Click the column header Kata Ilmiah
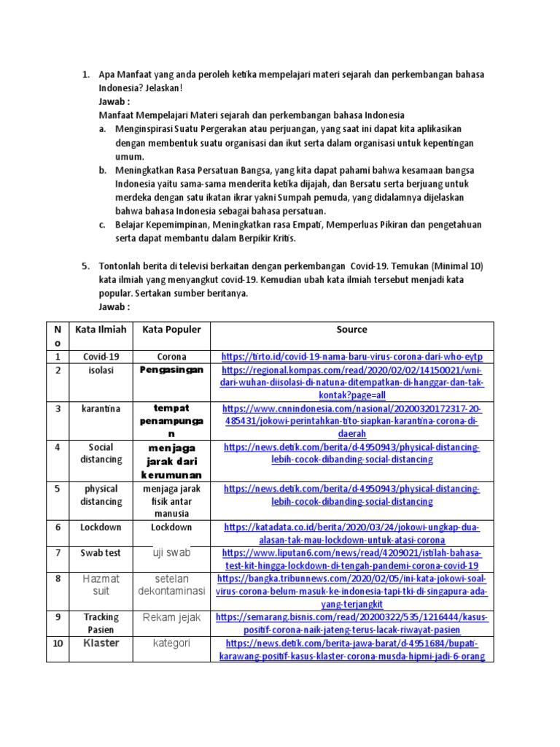(101, 329)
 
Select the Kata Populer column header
(171, 329)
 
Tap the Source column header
(351, 329)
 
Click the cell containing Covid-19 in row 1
(101, 357)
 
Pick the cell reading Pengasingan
(171, 370)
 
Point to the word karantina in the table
(101, 409)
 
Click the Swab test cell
(101, 553)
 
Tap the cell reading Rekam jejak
(171, 618)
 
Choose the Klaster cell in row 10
(101, 643)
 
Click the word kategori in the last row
(171, 643)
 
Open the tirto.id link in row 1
(352, 357)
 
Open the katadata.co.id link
(352, 533)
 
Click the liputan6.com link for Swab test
(352, 560)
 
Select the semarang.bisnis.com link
(352, 624)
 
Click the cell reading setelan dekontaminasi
(171, 584)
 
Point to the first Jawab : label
(113, 101)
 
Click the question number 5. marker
(85, 266)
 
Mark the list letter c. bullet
(102, 225)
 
